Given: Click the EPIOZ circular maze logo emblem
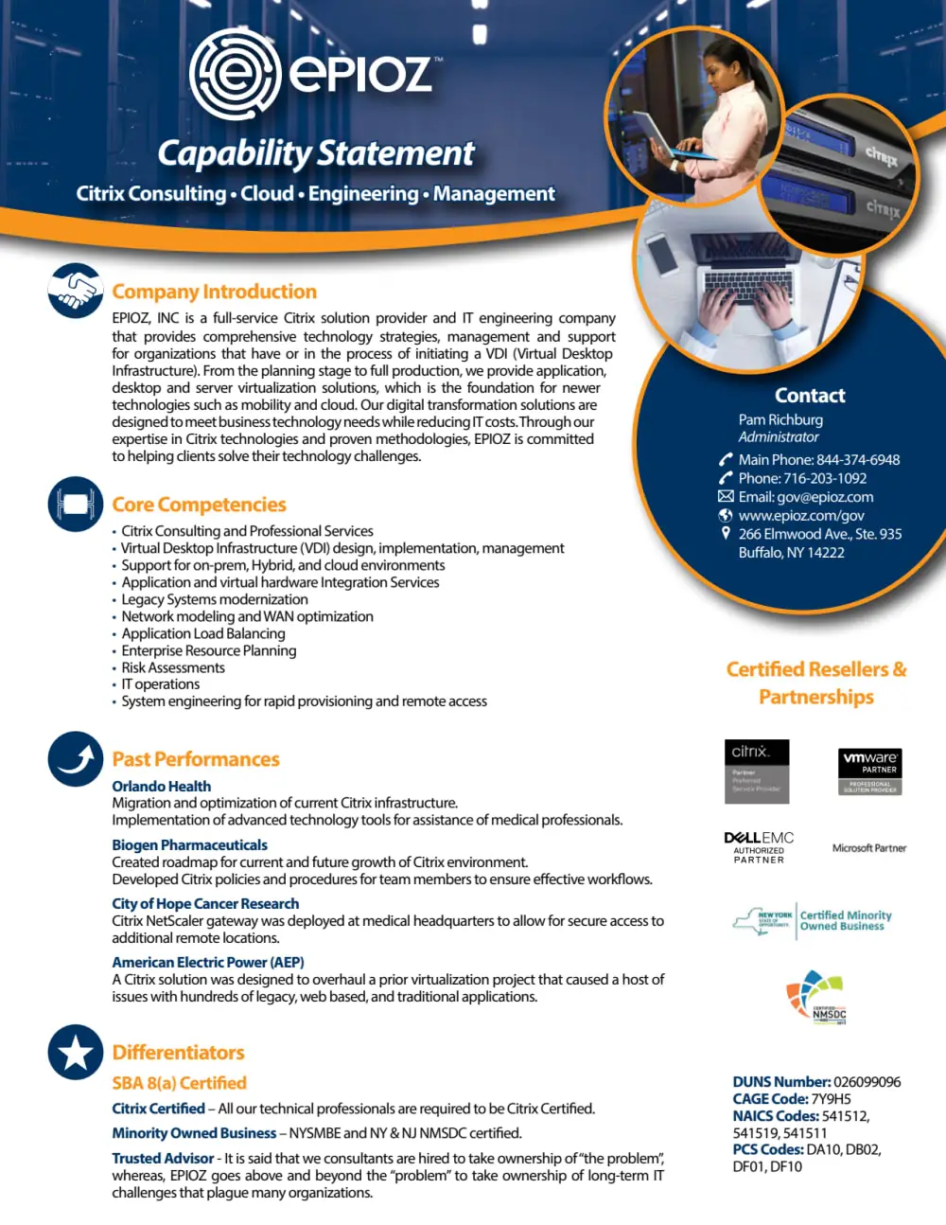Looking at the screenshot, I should (x=235, y=74).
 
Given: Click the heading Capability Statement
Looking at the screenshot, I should (x=316, y=153).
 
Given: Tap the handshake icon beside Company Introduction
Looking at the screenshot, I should (x=76, y=291).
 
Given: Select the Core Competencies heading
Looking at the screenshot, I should (x=199, y=505).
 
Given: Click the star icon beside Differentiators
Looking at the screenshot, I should (x=76, y=1052).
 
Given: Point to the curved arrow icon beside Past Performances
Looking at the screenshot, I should (x=76, y=759).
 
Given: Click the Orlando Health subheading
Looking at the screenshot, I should (x=161, y=787).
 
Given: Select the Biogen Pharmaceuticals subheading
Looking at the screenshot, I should (x=189, y=845).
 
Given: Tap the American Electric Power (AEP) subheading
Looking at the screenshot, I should (x=207, y=963).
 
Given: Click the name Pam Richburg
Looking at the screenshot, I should (x=780, y=419).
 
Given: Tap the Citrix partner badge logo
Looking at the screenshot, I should (x=757, y=771).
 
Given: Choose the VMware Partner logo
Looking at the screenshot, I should (x=870, y=771).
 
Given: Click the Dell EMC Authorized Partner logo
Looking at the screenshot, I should (x=759, y=847).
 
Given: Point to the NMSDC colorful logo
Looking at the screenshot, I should (x=816, y=997).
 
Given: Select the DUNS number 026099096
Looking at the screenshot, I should (x=867, y=1082).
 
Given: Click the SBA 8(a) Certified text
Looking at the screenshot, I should (x=179, y=1083).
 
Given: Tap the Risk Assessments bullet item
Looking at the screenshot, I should (x=173, y=667).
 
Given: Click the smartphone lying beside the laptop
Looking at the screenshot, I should (x=664, y=254).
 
